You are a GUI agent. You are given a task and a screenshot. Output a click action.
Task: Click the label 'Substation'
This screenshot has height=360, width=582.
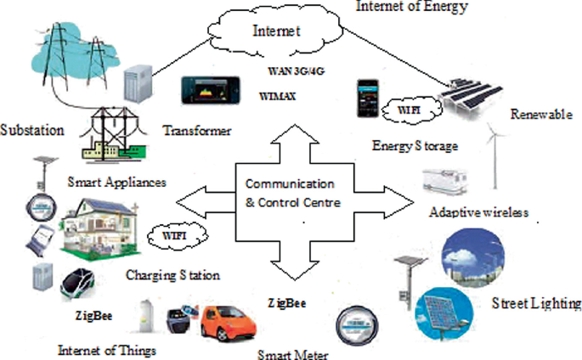point(33,132)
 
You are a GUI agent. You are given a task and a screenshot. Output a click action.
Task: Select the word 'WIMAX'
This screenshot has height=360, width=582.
point(278,98)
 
